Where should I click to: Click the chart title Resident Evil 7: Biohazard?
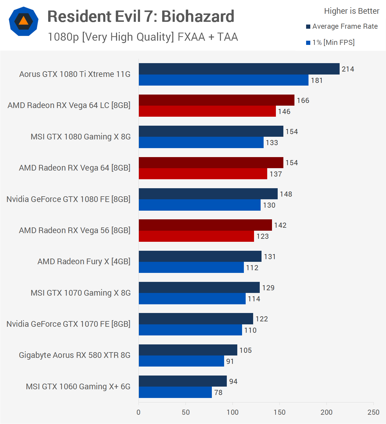point(141,16)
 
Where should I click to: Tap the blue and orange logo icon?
point(24,21)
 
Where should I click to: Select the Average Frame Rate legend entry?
point(342,26)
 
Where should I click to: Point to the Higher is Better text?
point(352,11)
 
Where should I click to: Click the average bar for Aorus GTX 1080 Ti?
point(239,69)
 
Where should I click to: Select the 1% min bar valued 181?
point(224,80)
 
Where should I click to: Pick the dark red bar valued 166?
point(216,100)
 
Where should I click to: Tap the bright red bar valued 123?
point(196,236)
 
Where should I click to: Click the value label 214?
point(348,69)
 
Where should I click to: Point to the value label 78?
point(218,393)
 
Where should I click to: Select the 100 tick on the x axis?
point(232,412)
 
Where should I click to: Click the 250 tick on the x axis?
point(373,412)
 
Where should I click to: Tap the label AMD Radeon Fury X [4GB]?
point(84,262)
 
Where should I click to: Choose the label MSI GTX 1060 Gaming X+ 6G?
point(78,387)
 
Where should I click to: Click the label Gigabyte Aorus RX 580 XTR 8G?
point(75,355)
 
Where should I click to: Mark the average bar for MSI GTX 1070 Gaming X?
point(199,288)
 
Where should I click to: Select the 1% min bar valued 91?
point(181,361)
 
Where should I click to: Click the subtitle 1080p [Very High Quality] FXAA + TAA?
point(143,37)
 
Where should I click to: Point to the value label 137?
point(276,174)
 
